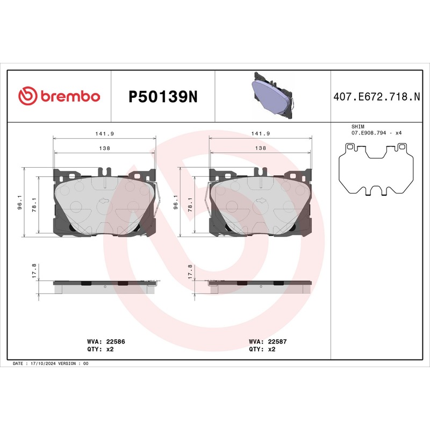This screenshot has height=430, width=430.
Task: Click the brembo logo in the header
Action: [x=59, y=96]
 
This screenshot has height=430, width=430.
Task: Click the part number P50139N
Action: [x=163, y=97]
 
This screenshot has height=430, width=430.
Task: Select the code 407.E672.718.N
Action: [x=376, y=97]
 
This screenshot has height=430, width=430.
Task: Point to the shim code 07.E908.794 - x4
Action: [x=376, y=132]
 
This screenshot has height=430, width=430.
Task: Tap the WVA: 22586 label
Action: [x=106, y=341]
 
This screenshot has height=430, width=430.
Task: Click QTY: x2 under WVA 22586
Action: [x=99, y=349]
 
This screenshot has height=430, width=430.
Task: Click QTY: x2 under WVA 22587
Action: [x=262, y=349]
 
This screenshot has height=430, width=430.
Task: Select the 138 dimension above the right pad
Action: [x=261, y=148]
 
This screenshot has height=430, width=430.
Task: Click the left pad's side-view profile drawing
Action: [x=105, y=286]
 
